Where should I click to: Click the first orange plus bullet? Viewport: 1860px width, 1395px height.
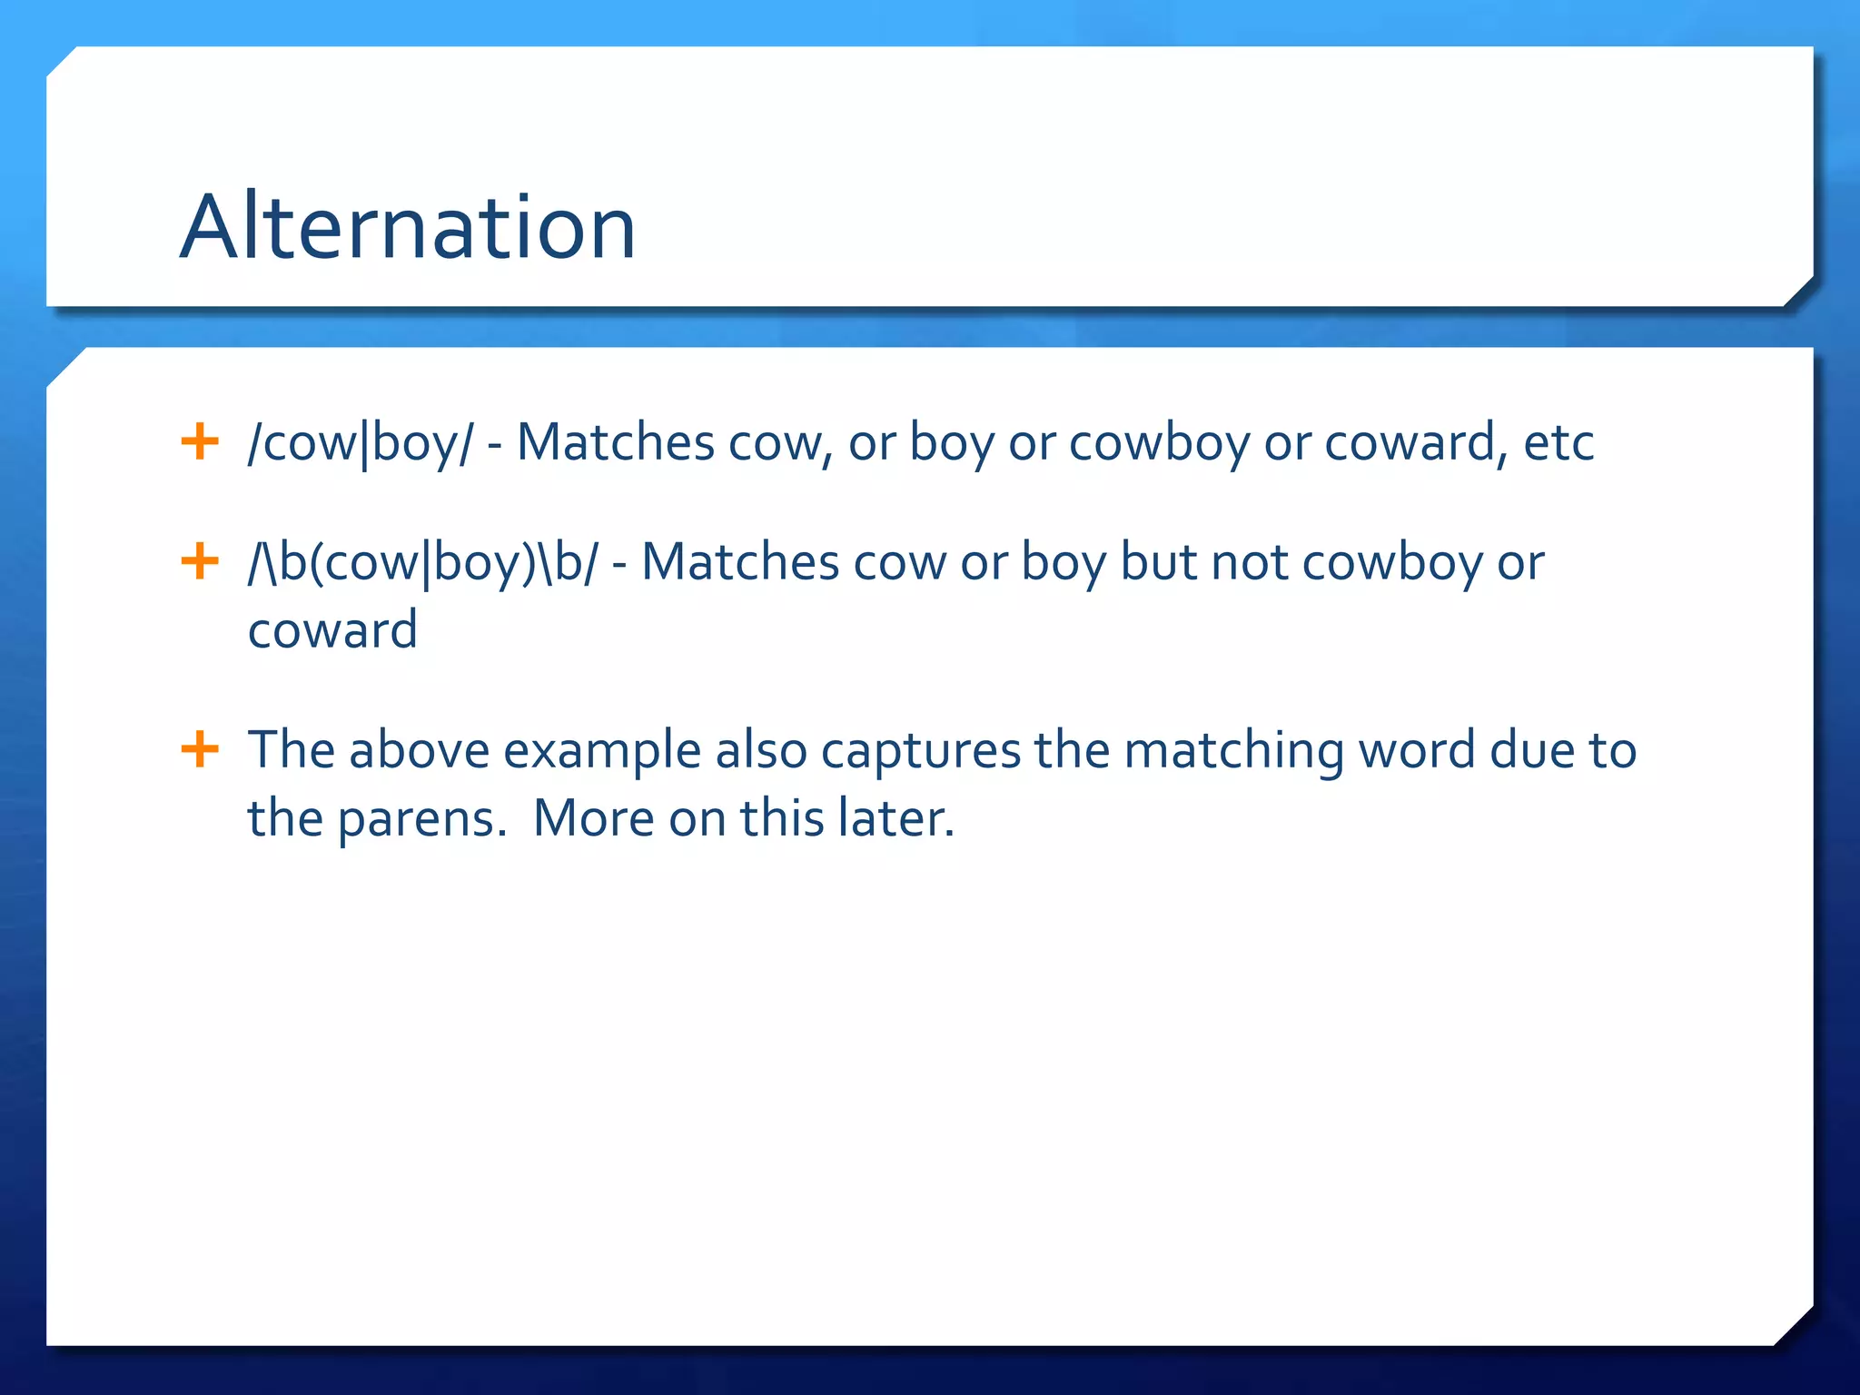point(200,442)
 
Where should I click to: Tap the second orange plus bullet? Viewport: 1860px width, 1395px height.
point(200,561)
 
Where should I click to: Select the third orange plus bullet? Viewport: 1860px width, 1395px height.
point(200,750)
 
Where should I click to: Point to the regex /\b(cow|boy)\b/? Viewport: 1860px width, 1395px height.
point(423,563)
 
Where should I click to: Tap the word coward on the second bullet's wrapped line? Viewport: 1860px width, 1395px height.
point(332,630)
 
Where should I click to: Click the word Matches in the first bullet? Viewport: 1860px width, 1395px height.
point(615,443)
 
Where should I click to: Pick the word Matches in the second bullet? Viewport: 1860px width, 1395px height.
point(739,563)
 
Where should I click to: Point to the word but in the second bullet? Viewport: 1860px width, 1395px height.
point(1158,563)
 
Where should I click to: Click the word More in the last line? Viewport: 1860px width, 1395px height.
point(593,817)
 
